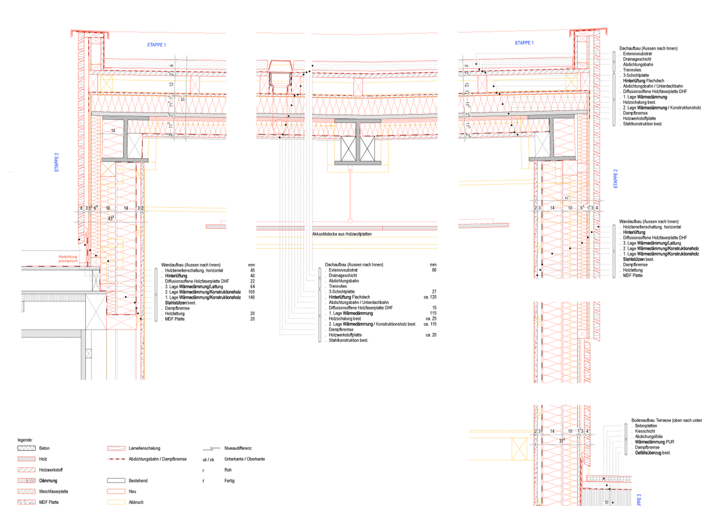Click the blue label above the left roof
pos(156,45)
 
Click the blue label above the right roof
pos(524,43)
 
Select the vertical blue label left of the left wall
pos(56,161)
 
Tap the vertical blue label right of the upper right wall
pos(615,179)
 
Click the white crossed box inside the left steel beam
pos(135,146)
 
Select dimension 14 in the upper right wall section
pos(552,208)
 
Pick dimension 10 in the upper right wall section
pos(571,208)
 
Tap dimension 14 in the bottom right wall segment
pos(552,431)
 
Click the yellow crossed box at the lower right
pos(520,449)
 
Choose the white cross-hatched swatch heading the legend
pos(26,448)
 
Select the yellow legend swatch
pos(116,501)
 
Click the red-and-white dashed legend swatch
pos(116,459)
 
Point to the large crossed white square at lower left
pos(95,311)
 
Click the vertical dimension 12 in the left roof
pos(171,84)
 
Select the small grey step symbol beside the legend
pos(212,449)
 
